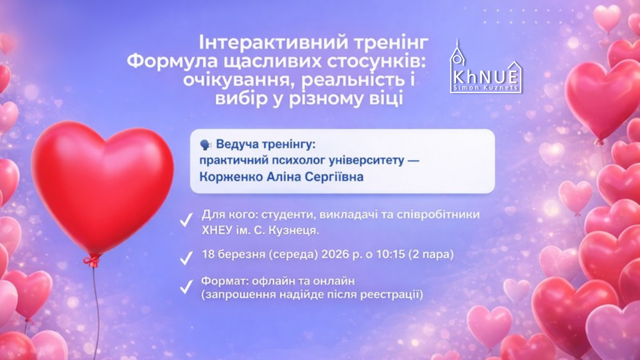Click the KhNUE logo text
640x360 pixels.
(485, 76)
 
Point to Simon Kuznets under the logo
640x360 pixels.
(485, 88)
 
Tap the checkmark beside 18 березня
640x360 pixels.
(186, 257)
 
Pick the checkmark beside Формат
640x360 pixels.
(186, 286)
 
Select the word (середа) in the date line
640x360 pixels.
(298, 255)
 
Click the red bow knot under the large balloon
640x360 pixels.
(92, 259)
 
